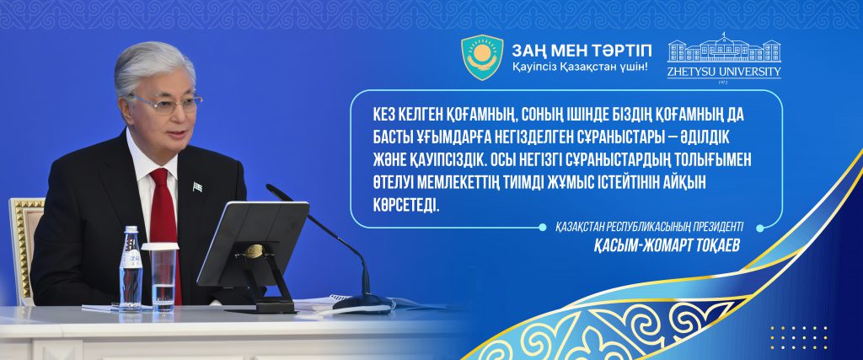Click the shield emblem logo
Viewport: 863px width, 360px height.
pyautogui.click(x=482, y=57)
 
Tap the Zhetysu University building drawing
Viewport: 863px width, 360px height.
pyautogui.click(x=724, y=48)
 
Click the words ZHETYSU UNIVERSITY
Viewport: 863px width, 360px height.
pyautogui.click(x=724, y=72)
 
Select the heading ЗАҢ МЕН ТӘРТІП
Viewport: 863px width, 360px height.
pyautogui.click(x=582, y=51)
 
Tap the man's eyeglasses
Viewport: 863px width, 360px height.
pyautogui.click(x=167, y=102)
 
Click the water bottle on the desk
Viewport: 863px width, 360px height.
pyautogui.click(x=131, y=269)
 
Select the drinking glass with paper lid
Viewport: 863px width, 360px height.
pyautogui.click(x=161, y=277)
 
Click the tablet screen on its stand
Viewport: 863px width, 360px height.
pyautogui.click(x=253, y=243)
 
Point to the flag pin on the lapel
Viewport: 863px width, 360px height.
pyautogui.click(x=197, y=187)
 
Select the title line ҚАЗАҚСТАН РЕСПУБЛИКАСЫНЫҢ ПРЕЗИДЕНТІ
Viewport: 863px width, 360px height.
pyautogui.click(x=650, y=227)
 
